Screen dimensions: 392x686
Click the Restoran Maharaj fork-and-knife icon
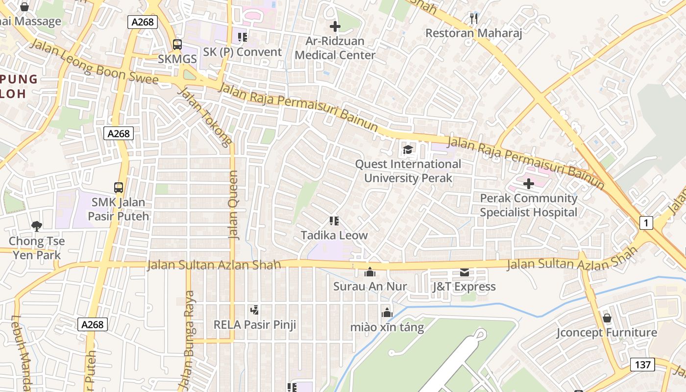pyautogui.click(x=473, y=19)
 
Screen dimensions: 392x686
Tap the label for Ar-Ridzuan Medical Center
pyautogui.click(x=335, y=48)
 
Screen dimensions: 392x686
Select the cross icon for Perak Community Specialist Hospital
pyautogui.click(x=529, y=184)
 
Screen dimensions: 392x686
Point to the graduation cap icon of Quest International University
pyautogui.click(x=408, y=149)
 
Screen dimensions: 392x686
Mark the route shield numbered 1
pyautogui.click(x=646, y=223)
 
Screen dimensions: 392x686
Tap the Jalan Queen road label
pyautogui.click(x=234, y=205)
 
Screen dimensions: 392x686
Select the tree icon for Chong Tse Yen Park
pyautogui.click(x=36, y=226)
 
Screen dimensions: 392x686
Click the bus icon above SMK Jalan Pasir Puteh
pyautogui.click(x=119, y=187)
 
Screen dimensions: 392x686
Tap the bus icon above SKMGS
pyautogui.click(x=177, y=45)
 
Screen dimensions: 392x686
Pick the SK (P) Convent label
pyautogui.click(x=243, y=52)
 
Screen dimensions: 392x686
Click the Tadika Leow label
pyautogui.click(x=334, y=235)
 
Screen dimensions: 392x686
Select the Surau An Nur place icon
pyautogui.click(x=370, y=272)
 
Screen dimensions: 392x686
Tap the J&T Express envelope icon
pyautogui.click(x=464, y=272)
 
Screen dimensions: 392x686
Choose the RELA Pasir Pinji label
pyautogui.click(x=254, y=324)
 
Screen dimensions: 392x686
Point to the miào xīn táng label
pyautogui.click(x=387, y=327)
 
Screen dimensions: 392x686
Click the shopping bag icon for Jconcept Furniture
pyautogui.click(x=607, y=318)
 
